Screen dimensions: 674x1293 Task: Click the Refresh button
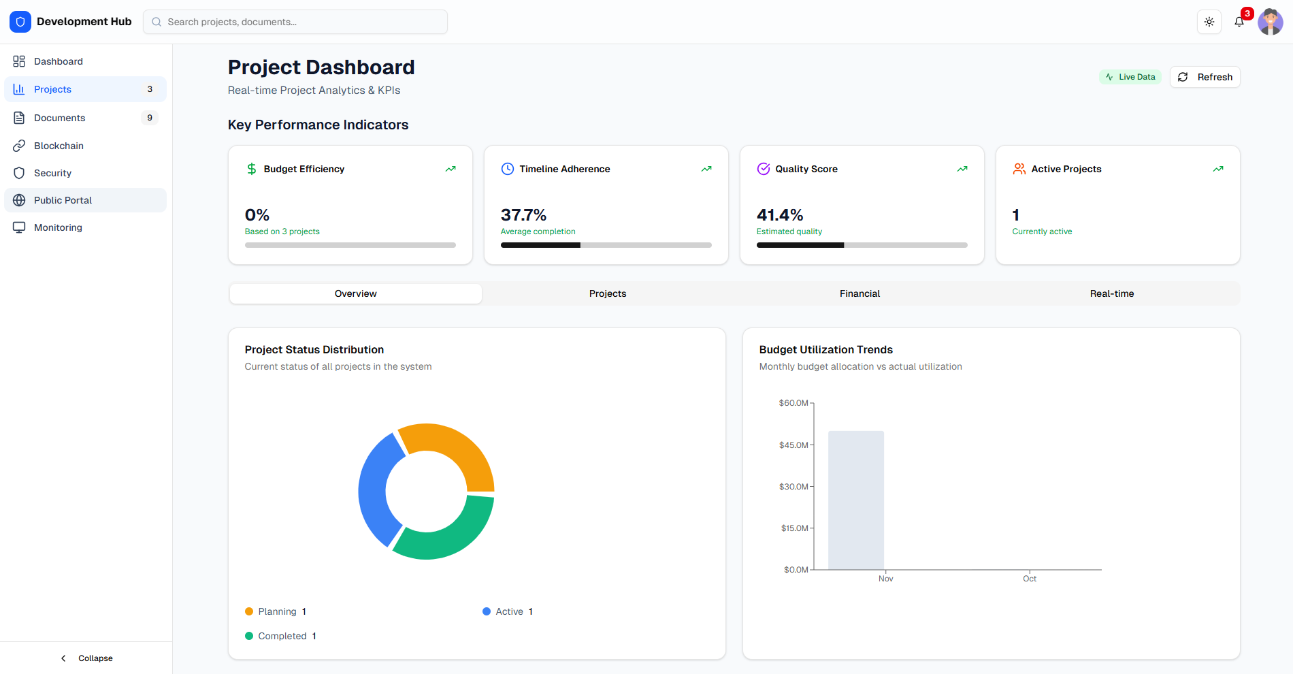1205,77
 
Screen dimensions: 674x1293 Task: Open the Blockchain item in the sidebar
59,146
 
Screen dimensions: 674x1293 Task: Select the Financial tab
860,293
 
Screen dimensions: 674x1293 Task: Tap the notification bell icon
1239,22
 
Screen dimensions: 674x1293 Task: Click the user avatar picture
1270,22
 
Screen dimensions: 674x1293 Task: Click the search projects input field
295,22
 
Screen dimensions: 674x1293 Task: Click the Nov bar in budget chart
855,500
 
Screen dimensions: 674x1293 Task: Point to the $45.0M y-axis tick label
793,445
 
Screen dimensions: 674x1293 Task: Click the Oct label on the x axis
1029,579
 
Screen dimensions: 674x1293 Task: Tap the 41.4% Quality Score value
780,215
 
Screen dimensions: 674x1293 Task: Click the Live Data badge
1130,77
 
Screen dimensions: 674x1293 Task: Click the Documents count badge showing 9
150,118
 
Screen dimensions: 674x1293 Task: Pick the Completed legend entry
281,636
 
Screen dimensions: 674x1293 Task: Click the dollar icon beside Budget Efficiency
252,169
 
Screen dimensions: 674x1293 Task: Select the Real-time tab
1111,293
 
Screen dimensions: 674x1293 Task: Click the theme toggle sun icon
1209,22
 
